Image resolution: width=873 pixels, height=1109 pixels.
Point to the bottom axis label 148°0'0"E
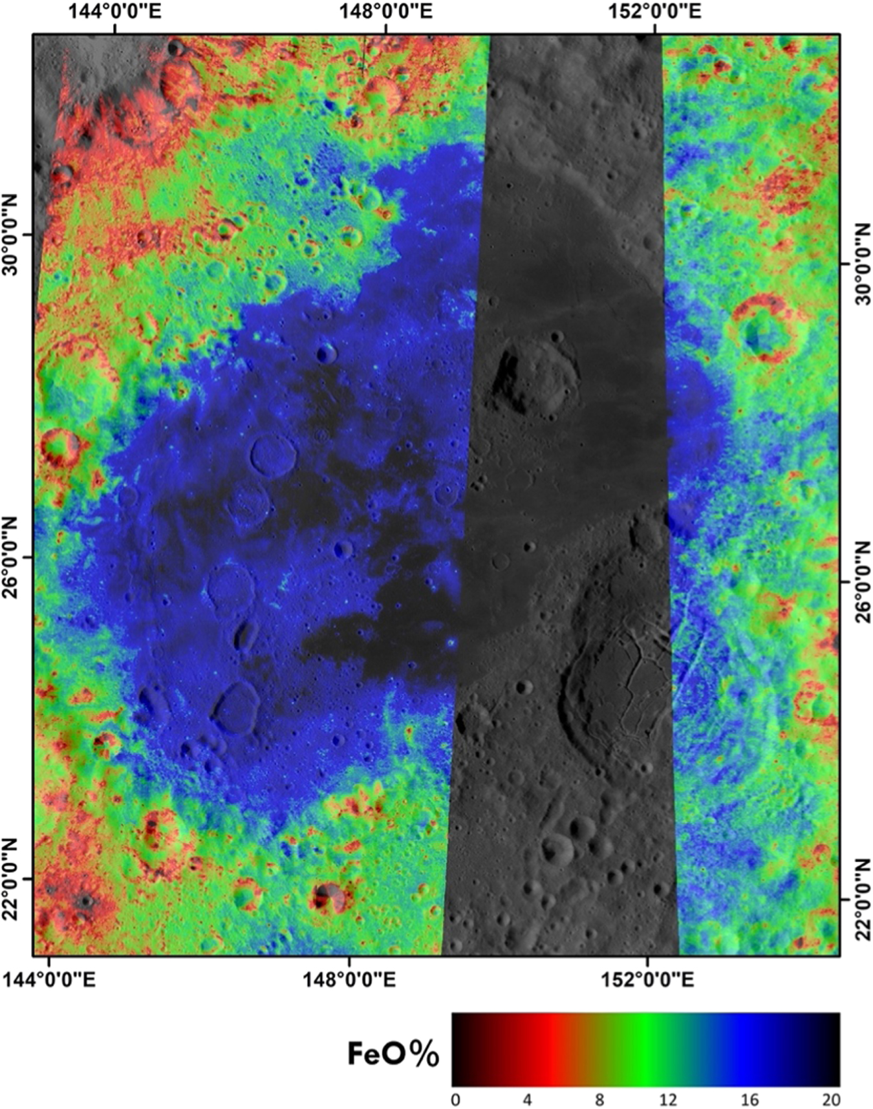pyautogui.click(x=349, y=980)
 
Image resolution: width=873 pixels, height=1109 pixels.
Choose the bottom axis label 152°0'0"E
pyautogui.click(x=647, y=980)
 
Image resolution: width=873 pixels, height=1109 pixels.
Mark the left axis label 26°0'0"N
pyautogui.click(x=13, y=557)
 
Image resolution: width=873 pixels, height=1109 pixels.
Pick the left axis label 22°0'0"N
pyautogui.click(x=13, y=878)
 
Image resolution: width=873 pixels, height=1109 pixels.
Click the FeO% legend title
pyautogui.click(x=393, y=1054)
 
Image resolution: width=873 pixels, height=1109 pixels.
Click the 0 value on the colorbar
pyautogui.click(x=456, y=1099)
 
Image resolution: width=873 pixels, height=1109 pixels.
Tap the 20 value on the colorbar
pyautogui.click(x=832, y=1099)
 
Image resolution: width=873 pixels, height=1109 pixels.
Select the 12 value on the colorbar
pyautogui.click(x=668, y=1099)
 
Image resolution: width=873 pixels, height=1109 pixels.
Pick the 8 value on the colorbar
pyautogui.click(x=599, y=1099)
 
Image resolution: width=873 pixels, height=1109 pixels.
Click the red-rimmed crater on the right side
pyautogui.click(x=763, y=328)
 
